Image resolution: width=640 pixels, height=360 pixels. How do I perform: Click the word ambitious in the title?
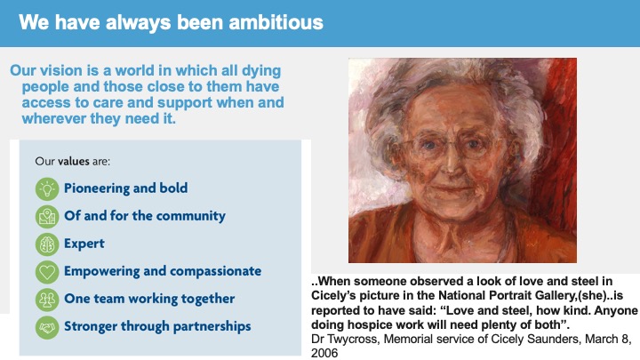point(276,22)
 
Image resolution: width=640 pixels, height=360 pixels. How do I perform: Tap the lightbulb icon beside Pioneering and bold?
point(47,189)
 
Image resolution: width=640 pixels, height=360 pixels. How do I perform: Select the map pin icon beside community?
point(47,216)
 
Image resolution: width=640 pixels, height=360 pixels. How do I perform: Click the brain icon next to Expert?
point(47,244)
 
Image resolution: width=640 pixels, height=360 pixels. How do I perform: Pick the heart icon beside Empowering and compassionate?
point(47,272)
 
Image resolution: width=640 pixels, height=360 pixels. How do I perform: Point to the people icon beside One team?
point(47,300)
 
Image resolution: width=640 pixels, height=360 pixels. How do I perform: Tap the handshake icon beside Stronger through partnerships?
point(47,327)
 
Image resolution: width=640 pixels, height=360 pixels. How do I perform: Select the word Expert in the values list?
point(84,244)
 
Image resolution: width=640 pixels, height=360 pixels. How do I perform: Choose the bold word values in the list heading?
point(74,161)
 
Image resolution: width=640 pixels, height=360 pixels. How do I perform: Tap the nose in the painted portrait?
point(451,161)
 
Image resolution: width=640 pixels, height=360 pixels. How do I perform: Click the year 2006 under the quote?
point(324,353)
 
